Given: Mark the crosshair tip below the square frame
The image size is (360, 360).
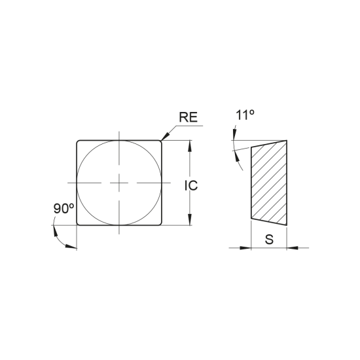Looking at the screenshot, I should [118, 232].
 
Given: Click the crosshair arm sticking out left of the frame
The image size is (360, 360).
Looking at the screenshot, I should [68, 183].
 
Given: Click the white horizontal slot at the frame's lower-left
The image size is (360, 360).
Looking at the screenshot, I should [65, 214].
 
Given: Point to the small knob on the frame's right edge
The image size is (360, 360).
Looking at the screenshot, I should [194, 185].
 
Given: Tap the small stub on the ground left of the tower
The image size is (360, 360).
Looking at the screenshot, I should [238, 244].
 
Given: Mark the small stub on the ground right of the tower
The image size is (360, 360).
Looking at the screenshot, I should [295, 244].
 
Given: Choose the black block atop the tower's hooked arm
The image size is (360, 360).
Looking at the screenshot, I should [247, 111].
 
